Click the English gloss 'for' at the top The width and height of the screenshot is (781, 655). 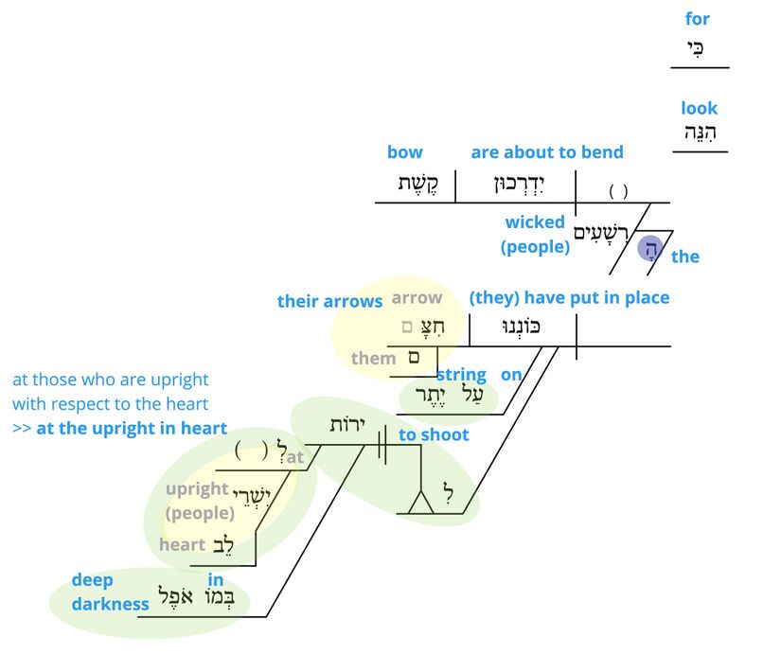697,19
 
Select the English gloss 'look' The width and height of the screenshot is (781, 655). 699,108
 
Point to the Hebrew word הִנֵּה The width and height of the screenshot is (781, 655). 701,133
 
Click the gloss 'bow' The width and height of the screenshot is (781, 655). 404,152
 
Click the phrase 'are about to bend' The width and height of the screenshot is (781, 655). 547,152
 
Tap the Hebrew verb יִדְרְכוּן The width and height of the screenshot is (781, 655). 515,185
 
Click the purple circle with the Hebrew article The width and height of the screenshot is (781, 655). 650,248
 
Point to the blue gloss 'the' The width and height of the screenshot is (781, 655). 685,257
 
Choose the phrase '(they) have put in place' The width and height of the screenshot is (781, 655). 569,298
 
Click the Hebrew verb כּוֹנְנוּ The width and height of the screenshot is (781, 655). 518,327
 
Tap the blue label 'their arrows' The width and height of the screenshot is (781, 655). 329,301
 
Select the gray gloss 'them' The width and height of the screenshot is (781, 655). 373,358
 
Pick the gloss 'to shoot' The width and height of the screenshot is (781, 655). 434,434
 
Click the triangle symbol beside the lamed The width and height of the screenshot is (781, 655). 420,503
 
